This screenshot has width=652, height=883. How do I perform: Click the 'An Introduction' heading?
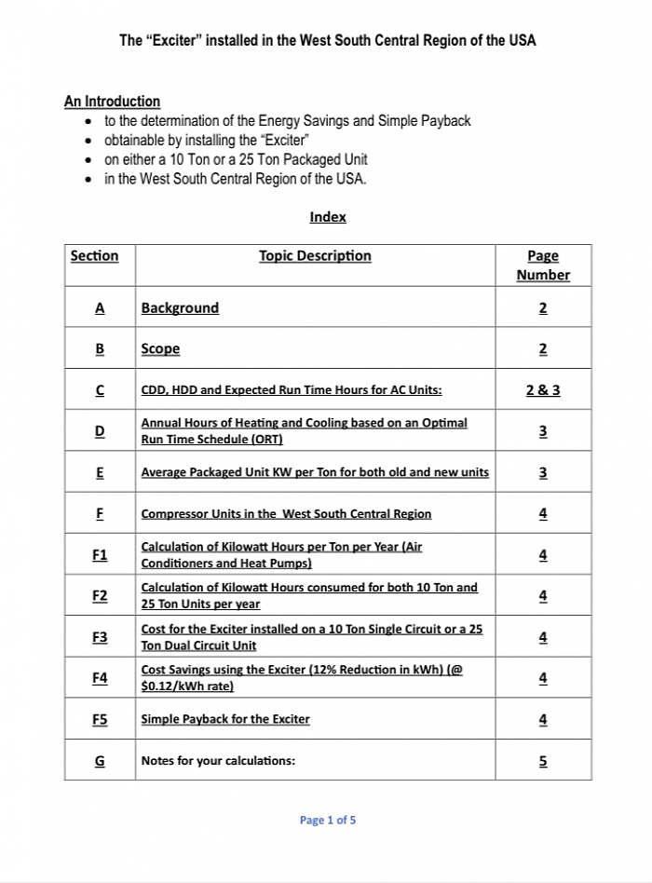coord(112,101)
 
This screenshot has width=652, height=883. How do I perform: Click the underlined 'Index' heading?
coord(328,217)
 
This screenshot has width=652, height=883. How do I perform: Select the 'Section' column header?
coord(94,256)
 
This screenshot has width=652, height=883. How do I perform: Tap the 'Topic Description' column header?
coord(315,256)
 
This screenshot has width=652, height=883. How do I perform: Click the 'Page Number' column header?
coord(543,265)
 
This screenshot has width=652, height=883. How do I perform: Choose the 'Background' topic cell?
coord(180,308)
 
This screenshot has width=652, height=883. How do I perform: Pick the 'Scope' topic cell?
coord(160,349)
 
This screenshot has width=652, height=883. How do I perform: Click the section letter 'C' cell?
coord(100,390)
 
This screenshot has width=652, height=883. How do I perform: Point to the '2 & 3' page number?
coord(543,390)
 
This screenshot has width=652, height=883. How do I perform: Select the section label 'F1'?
coord(100,555)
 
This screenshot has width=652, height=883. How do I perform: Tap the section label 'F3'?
coord(100,637)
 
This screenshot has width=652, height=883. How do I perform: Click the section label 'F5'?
coord(100,719)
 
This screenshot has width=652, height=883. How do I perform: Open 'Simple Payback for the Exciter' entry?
coord(225,719)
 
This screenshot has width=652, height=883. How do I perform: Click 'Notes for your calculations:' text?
coord(218,761)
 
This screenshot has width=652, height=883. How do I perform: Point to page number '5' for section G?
coord(543,761)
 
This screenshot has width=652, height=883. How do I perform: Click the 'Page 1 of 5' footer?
coord(328,821)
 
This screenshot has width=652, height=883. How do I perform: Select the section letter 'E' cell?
coord(100,472)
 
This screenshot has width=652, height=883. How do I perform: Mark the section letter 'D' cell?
coord(100,431)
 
